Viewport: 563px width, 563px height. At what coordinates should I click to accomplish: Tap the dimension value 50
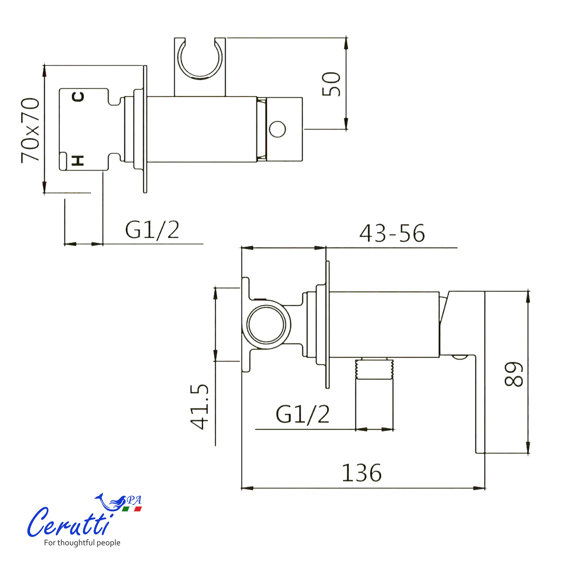coord(331,84)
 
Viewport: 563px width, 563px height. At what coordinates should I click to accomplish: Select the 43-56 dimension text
coord(392,233)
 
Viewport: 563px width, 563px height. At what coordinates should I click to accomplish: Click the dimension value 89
coord(514,374)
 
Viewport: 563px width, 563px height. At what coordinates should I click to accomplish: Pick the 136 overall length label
coord(361,473)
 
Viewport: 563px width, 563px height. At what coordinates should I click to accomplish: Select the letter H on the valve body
coord(78,160)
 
